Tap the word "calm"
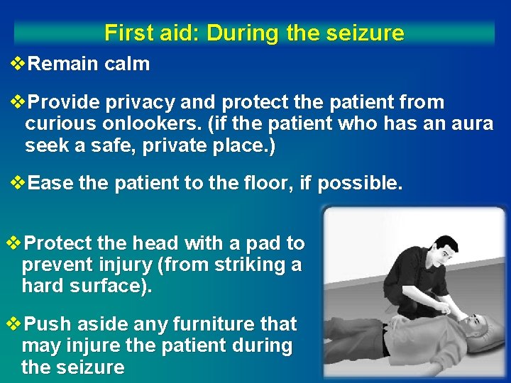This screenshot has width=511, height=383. pyautogui.click(x=127, y=64)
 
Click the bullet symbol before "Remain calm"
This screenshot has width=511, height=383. pyautogui.click(x=20, y=64)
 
